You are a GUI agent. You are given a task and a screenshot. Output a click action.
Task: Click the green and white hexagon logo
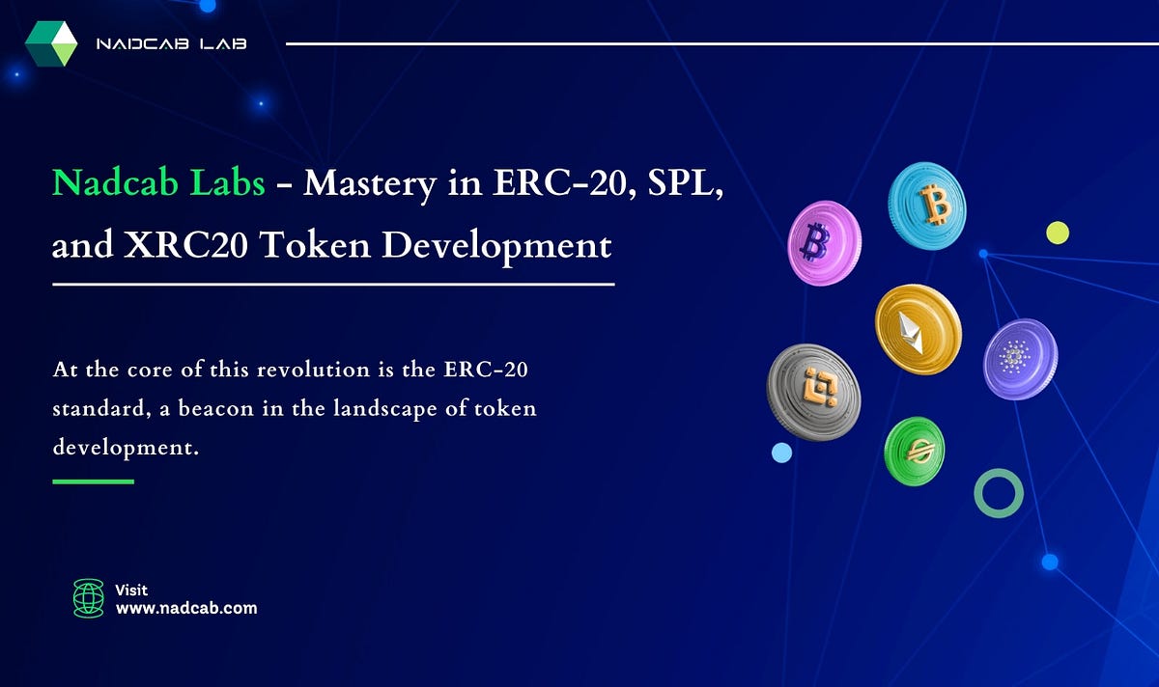pos(51,43)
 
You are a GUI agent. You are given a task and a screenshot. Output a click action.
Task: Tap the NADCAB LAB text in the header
pos(171,44)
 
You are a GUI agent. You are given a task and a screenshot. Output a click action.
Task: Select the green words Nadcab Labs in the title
pos(158,181)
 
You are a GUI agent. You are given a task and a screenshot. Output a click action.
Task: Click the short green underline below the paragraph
pos(93,481)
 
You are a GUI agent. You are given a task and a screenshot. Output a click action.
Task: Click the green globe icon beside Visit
pos(88,598)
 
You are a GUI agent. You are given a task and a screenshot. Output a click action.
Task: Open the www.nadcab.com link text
pos(185,608)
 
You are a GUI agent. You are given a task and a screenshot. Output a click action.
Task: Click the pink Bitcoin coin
pos(824,243)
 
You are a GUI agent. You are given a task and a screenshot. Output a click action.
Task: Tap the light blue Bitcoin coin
pos(926,206)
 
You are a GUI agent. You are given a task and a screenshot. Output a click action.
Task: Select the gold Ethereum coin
pos(918,329)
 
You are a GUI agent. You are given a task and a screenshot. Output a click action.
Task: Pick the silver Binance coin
pos(813,393)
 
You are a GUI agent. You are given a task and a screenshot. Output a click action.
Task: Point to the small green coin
pos(914,451)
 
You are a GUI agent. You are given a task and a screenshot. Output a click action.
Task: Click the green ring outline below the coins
pos(998,493)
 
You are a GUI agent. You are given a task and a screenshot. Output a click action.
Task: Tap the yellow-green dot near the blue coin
pos(1058,232)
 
